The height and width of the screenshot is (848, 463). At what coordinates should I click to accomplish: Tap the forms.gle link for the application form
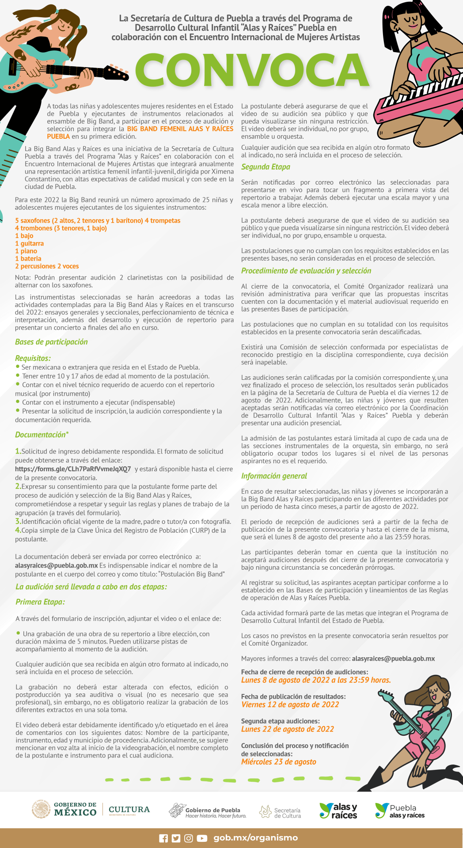(73, 469)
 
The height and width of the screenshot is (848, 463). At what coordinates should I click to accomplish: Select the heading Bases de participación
(51, 342)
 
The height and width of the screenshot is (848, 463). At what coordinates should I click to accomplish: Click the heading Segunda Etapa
(266, 167)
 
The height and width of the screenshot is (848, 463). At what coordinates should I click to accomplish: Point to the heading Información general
(274, 476)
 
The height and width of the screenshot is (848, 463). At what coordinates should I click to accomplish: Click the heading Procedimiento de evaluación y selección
(306, 271)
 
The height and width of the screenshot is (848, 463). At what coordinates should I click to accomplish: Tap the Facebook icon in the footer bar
(163, 838)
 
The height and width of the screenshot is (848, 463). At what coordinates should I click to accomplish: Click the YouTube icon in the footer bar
(202, 838)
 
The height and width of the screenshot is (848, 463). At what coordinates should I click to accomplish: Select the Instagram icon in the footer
(189, 838)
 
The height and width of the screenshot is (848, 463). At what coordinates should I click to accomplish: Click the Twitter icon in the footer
(176, 838)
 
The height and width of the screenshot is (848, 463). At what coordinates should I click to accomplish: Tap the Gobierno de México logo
(64, 810)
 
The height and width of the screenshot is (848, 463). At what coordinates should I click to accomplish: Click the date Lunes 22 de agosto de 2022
(288, 729)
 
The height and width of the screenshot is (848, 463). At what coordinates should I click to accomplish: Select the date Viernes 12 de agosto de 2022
(290, 704)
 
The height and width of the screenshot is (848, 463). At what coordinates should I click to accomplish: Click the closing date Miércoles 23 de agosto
(279, 762)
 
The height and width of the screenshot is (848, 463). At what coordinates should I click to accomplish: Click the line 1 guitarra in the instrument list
(30, 243)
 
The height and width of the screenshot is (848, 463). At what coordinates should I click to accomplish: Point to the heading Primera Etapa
(40, 602)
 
